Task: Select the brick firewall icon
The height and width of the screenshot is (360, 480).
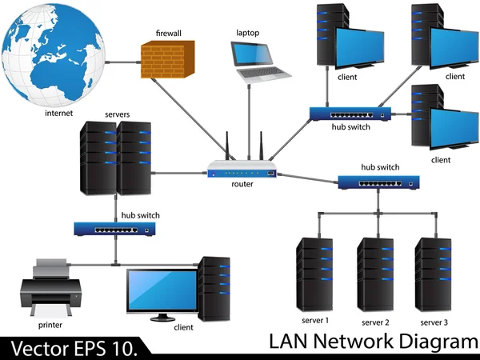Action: [x=169, y=60]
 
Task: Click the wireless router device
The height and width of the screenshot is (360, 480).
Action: [x=242, y=170]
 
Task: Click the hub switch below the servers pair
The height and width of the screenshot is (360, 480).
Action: [x=114, y=229]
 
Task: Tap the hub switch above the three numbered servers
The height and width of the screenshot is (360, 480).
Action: [x=378, y=182]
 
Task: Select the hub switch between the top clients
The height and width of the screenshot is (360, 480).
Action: [x=350, y=114]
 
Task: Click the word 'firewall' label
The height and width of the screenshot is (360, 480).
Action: [x=169, y=34]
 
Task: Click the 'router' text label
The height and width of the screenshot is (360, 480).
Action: [x=242, y=184]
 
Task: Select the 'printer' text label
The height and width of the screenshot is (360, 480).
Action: [x=50, y=326]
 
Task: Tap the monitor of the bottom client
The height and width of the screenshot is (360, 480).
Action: [x=162, y=291]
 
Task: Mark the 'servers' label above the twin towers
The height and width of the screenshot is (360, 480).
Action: [x=117, y=115]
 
